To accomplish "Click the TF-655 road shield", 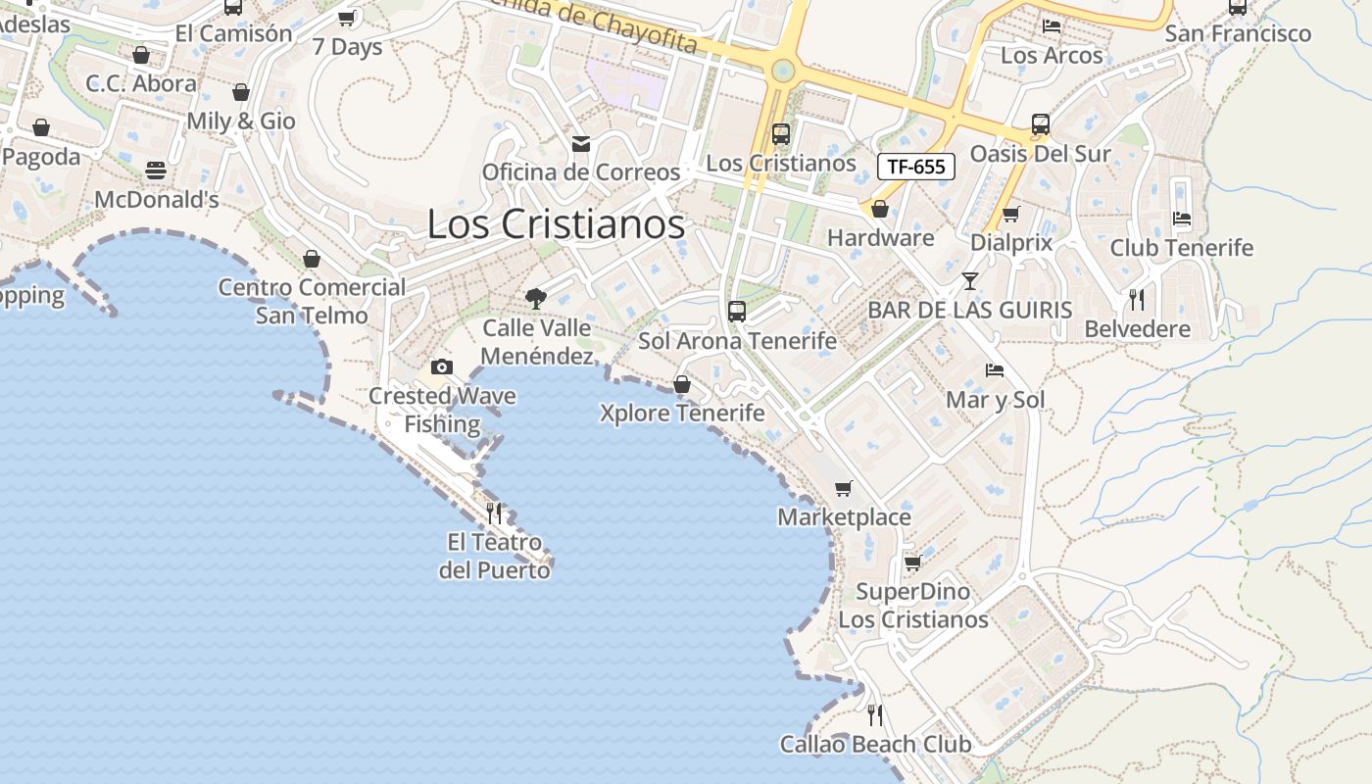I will click(915, 167).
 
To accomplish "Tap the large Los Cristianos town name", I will click(556, 224).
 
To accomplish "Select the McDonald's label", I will click(157, 200).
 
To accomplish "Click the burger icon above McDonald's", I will click(156, 171).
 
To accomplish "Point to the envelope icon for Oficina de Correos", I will click(581, 145).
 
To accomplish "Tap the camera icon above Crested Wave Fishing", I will click(442, 367).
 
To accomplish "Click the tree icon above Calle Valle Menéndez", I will click(536, 298).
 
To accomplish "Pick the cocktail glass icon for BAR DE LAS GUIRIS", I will click(970, 281).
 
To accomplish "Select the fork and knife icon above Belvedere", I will click(1137, 299).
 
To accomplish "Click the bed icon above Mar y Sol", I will click(995, 370).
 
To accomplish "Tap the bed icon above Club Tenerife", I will click(1182, 218).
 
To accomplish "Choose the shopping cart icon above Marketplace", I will click(844, 488).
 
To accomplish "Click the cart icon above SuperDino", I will click(912, 563).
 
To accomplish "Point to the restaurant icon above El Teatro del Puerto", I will click(494, 513).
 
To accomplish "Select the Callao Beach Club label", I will click(875, 745).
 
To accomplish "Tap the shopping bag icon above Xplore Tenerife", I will click(682, 384).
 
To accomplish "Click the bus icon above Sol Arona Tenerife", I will click(737, 312).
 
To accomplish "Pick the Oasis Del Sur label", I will click(1040, 154).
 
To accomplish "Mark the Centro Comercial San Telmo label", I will click(312, 301).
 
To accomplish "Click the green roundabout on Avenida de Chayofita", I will click(782, 71).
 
